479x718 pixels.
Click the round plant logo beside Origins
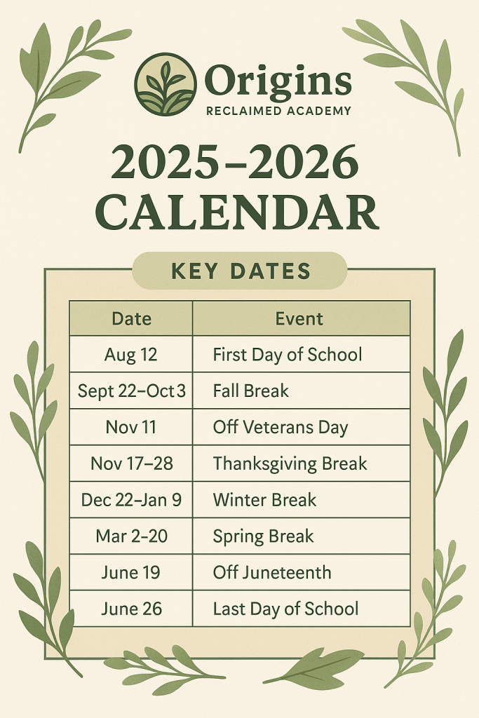point(166,84)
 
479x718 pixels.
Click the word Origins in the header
point(278,81)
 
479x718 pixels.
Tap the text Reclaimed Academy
point(278,111)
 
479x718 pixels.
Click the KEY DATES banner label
point(241,271)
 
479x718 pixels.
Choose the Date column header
point(131,318)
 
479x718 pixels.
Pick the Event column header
point(299,318)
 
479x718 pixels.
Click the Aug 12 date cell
point(131,354)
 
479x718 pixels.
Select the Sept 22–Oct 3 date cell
point(131,391)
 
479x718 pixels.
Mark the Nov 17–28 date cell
point(131,463)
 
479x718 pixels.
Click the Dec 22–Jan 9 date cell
point(131,499)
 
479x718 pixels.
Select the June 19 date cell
point(131,572)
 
